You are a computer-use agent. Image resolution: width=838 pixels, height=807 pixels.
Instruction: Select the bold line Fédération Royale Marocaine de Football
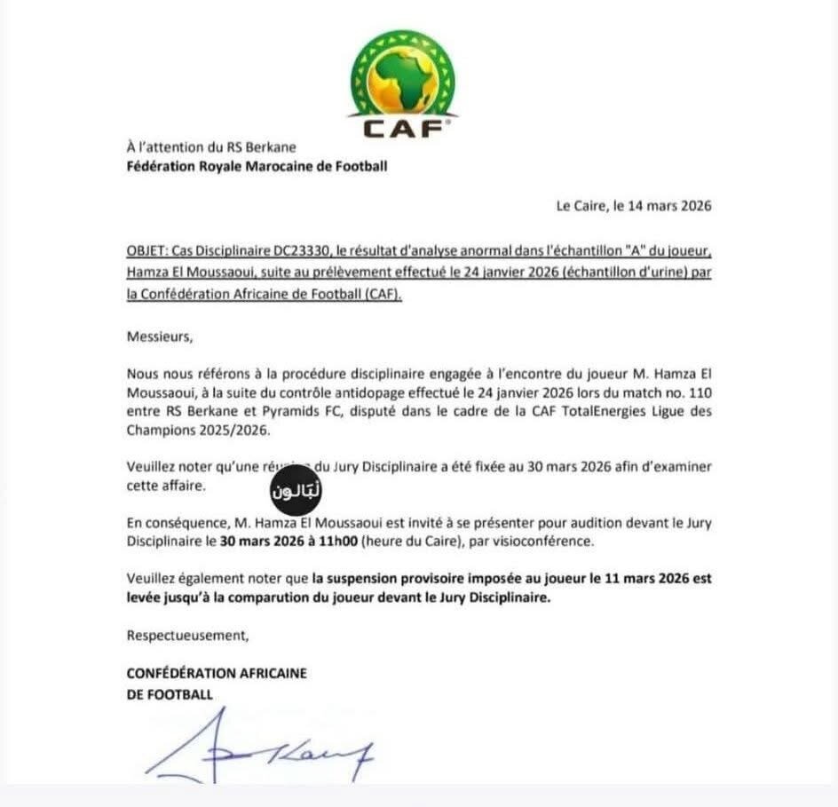coord(257,166)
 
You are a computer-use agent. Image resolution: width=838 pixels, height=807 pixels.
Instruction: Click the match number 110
coord(699,393)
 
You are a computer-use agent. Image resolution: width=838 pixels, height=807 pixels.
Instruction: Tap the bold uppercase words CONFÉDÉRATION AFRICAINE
coord(217,673)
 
